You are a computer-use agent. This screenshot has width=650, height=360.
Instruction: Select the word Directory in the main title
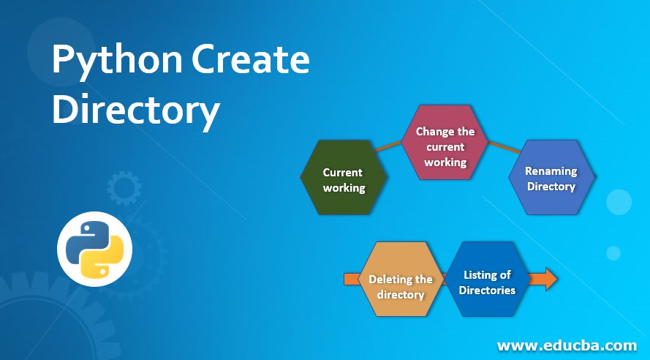[x=136, y=110]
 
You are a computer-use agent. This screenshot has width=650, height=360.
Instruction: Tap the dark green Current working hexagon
[x=344, y=178]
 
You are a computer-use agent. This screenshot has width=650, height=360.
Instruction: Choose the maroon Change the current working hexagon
[x=445, y=143]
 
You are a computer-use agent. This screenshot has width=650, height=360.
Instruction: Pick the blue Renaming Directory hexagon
[x=551, y=178]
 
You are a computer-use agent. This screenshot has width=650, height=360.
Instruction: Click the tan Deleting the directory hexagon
[x=401, y=280]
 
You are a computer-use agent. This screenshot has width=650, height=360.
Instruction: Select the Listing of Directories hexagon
[x=488, y=280]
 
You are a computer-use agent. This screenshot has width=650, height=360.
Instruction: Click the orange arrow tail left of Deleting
[x=350, y=279]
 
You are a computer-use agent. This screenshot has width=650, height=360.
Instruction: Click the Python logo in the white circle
[x=95, y=249]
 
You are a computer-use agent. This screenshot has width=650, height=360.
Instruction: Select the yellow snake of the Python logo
[x=105, y=259]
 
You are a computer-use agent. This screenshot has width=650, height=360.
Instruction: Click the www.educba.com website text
[x=567, y=345]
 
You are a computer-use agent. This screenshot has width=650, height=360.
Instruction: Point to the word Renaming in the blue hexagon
[x=551, y=171]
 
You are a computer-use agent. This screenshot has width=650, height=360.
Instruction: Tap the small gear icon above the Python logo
[x=121, y=188]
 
